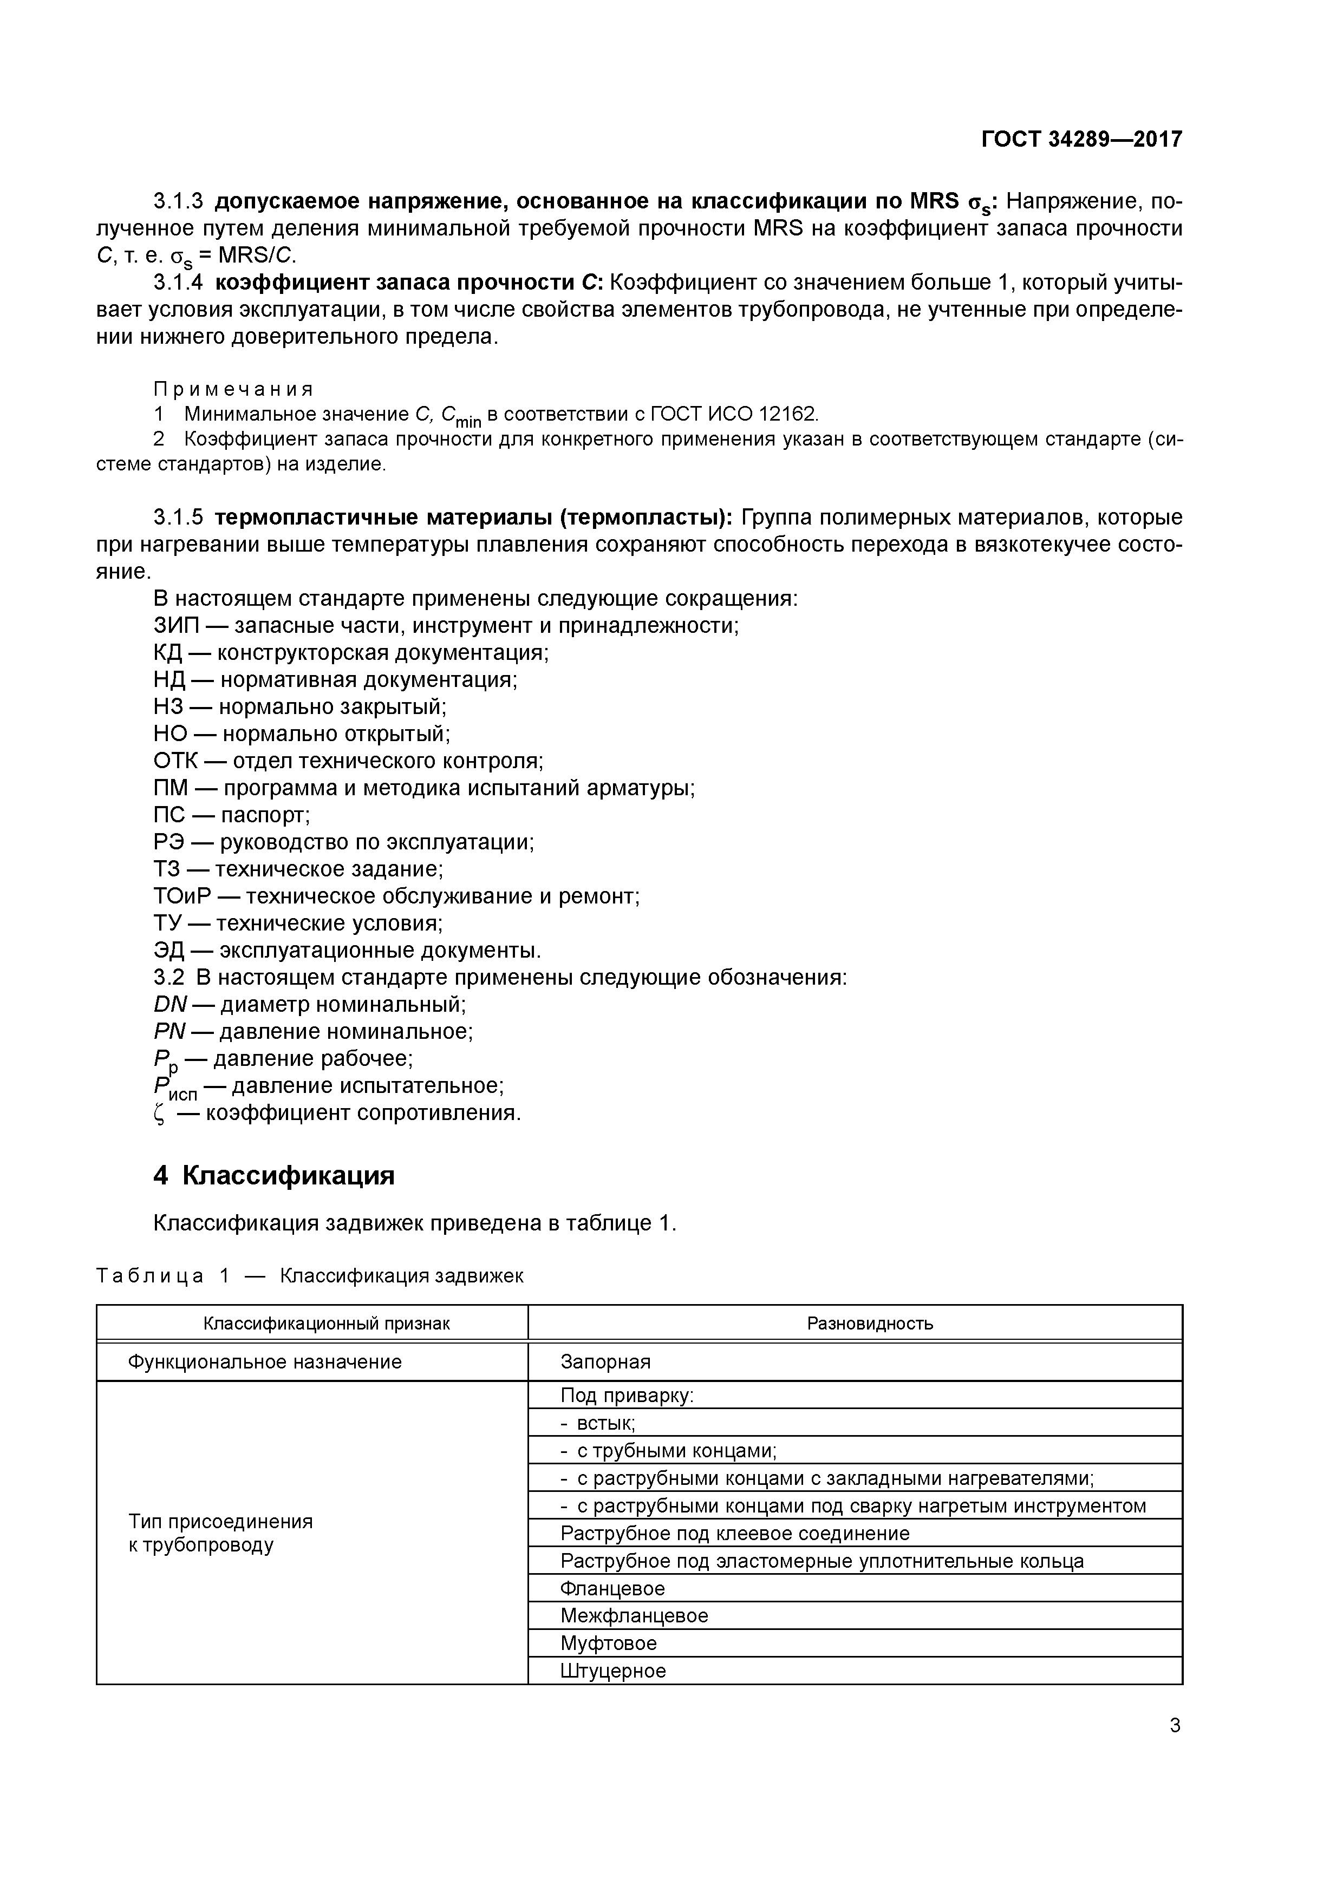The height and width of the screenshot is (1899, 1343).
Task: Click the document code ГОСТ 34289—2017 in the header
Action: (x=1081, y=139)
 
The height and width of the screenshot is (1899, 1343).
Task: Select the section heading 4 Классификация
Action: (x=274, y=1175)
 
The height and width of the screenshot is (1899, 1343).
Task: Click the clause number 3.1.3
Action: (x=178, y=201)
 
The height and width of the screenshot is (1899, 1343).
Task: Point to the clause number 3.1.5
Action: (x=178, y=518)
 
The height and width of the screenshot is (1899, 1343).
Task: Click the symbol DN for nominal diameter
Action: (x=171, y=1005)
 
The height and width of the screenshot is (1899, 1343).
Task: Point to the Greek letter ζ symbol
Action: (x=160, y=1114)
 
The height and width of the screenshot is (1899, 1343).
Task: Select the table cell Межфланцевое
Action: (x=634, y=1615)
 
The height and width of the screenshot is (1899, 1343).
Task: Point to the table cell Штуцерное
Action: (x=613, y=1671)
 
